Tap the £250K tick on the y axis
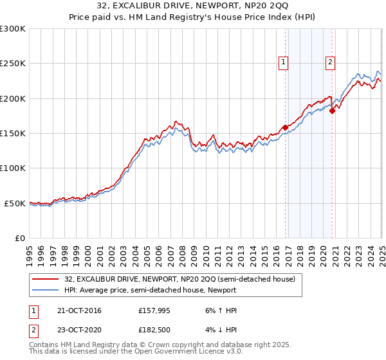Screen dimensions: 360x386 click(12, 64)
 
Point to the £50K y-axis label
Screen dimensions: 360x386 click(14, 203)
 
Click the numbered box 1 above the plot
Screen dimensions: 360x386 click(284, 62)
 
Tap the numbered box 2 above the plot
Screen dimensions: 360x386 click(330, 62)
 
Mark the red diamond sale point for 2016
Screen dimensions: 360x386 click(285, 127)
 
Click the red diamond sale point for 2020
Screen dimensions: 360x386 click(332, 111)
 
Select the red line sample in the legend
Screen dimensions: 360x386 click(46, 280)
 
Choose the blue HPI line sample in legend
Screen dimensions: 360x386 click(46, 291)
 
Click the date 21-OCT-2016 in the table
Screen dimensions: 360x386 click(78, 310)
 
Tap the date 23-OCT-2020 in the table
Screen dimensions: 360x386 click(78, 330)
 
